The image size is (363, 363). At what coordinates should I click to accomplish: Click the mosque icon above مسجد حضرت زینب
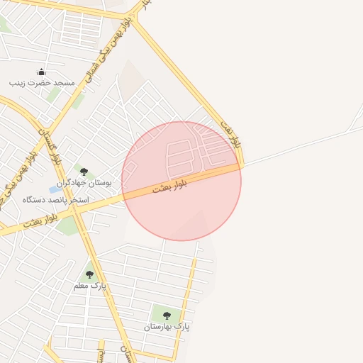click(x=41, y=72)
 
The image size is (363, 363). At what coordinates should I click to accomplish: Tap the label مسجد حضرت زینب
click(x=42, y=83)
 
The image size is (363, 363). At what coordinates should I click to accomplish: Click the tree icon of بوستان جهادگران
click(x=84, y=172)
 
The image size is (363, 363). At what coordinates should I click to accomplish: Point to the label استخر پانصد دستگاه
click(x=55, y=200)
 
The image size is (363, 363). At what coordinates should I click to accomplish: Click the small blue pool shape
click(x=55, y=189)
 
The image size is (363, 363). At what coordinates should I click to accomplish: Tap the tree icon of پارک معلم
click(x=89, y=274)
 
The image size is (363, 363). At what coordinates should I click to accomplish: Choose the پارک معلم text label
click(x=89, y=286)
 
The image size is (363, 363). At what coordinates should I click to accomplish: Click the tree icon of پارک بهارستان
click(x=167, y=315)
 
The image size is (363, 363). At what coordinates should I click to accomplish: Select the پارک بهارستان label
click(x=167, y=327)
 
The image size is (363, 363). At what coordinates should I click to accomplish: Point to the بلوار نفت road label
click(x=237, y=135)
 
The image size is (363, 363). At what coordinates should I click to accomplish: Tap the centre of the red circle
click(x=181, y=181)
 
